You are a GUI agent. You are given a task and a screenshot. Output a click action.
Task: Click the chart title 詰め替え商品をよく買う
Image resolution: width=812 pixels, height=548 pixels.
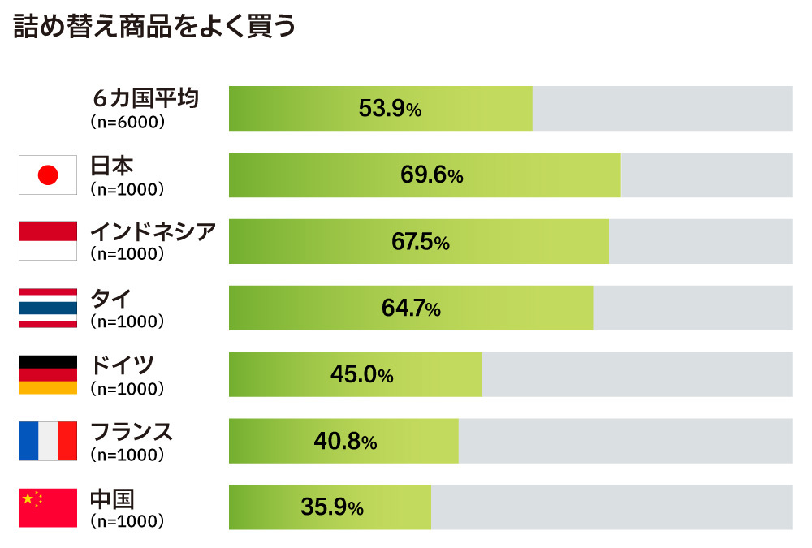tap(154, 28)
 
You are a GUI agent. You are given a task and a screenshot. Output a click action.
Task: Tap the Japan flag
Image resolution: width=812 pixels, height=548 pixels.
tap(48, 175)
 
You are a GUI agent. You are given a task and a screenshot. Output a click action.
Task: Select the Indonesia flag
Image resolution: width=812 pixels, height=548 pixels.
tap(48, 241)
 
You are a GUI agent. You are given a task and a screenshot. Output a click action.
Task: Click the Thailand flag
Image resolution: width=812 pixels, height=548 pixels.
tap(48, 308)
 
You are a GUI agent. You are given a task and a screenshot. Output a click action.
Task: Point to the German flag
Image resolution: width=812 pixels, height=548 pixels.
tap(48, 374)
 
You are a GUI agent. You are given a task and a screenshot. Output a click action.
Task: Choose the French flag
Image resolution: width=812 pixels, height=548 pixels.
tap(48, 441)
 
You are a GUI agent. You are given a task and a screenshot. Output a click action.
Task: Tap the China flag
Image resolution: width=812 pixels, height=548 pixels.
tap(48, 507)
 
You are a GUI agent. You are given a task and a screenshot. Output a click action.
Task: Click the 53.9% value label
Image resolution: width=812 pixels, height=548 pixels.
tap(390, 109)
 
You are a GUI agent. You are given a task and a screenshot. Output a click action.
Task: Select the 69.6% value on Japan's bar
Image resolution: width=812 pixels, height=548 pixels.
tap(431, 175)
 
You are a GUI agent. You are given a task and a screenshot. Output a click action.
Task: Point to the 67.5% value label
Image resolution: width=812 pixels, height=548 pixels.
tap(418, 242)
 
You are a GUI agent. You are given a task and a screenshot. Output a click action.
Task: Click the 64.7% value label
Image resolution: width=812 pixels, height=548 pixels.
tap(410, 309)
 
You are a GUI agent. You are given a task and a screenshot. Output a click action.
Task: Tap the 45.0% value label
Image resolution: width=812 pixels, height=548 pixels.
tap(361, 375)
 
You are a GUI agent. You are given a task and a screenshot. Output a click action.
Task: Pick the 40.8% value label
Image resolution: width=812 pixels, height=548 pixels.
tap(345, 442)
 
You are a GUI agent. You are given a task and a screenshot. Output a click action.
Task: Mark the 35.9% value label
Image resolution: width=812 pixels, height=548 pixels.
tap(331, 508)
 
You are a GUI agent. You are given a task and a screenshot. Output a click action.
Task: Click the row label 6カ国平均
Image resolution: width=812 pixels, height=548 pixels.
tap(145, 99)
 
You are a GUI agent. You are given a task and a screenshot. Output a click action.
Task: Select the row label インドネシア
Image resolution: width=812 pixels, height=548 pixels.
tap(153, 232)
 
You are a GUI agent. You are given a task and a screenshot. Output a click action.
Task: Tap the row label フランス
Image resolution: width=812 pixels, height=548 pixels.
tap(131, 432)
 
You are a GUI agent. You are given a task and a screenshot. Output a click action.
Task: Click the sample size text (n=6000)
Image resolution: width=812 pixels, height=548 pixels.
tap(127, 122)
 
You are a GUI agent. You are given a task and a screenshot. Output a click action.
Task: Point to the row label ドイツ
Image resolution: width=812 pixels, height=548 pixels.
tap(122, 365)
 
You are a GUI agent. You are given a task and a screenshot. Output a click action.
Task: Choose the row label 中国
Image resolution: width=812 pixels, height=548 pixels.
tap(112, 498)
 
